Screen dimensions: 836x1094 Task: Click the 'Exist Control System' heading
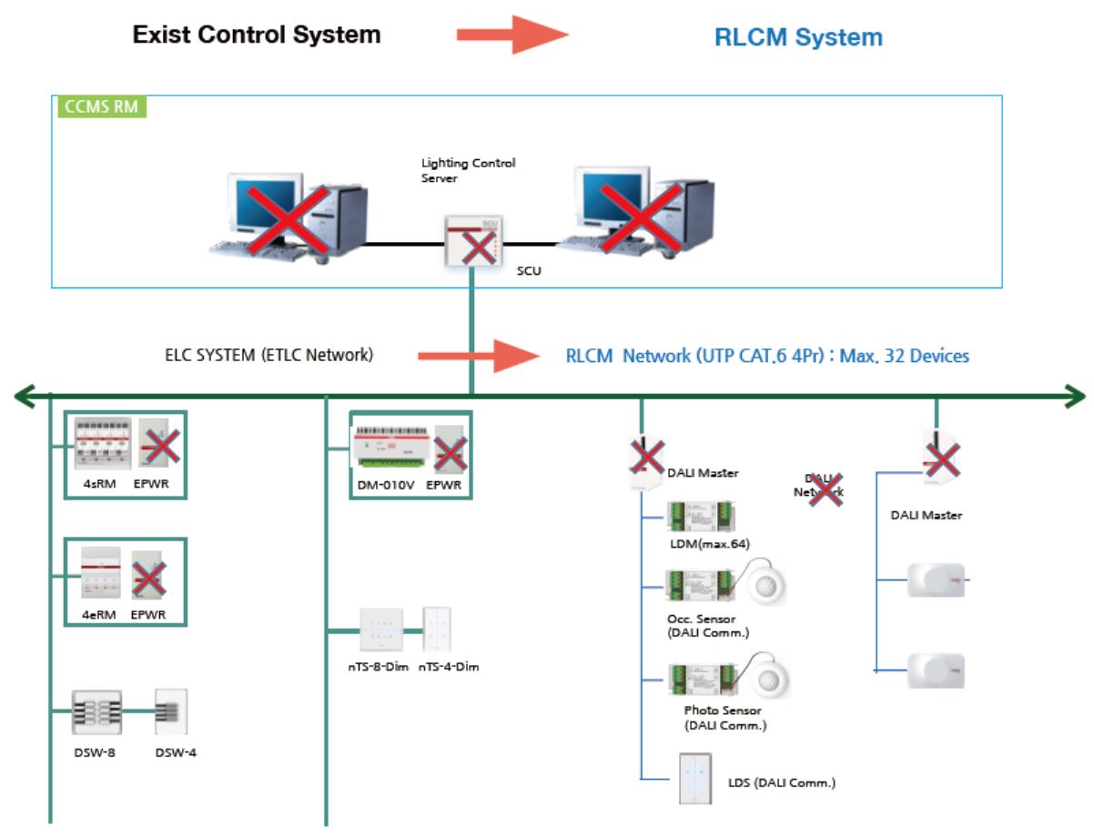[257, 35]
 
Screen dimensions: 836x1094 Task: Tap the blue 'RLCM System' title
[798, 37]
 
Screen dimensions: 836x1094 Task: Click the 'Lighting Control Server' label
[468, 170]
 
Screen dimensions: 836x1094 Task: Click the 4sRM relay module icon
[98, 444]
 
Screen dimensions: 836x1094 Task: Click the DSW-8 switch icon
[97, 712]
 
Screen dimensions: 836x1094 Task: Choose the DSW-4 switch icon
[170, 711]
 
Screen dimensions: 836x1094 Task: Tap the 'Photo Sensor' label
[723, 710]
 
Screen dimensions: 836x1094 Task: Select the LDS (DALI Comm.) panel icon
[694, 779]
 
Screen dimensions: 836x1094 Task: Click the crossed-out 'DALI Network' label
[824, 485]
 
